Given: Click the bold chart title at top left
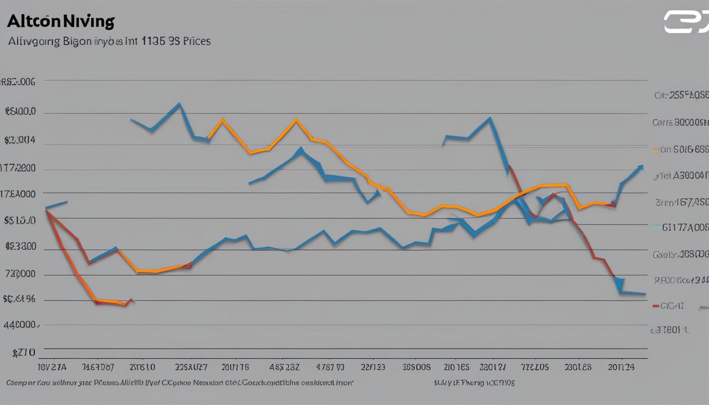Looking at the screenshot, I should [61, 22].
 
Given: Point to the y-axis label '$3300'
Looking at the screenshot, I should [21, 246].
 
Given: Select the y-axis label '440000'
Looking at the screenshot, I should [22, 325].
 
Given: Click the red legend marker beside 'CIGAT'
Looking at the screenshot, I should [656, 305].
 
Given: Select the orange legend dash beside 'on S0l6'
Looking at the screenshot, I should [656, 149].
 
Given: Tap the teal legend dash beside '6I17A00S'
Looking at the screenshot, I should [656, 227].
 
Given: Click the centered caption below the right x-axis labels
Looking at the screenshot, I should [474, 383].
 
